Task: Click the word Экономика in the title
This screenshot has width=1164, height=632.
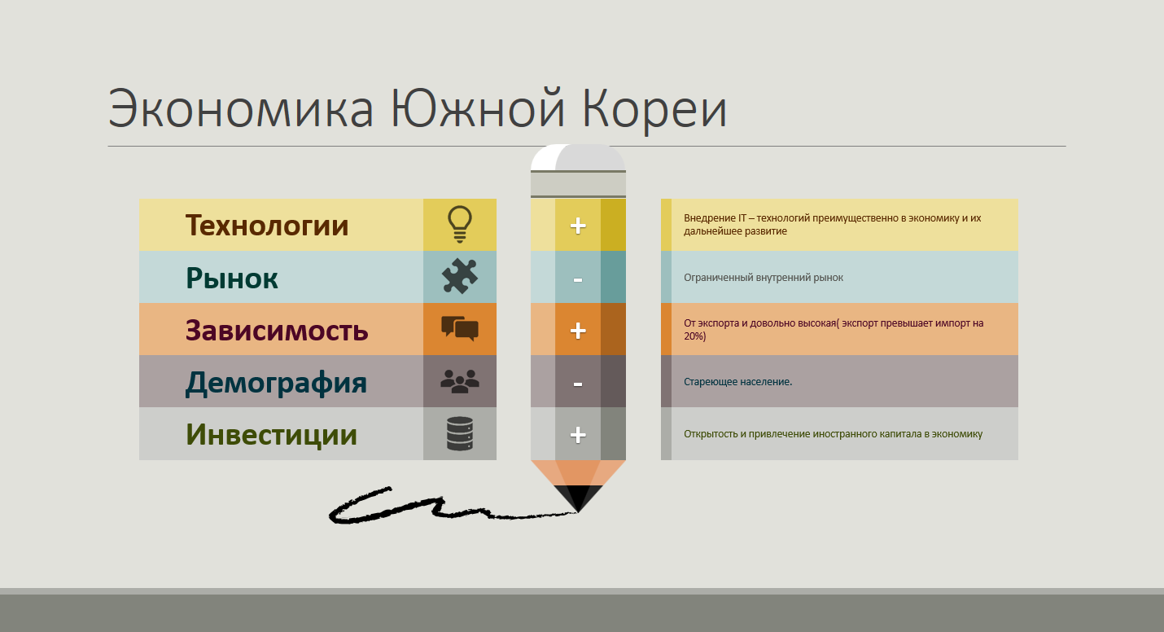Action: point(241,108)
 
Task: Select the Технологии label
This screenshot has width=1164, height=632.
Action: point(267,226)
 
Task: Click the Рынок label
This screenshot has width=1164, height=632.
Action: point(232,279)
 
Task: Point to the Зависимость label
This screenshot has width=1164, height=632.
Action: point(277,331)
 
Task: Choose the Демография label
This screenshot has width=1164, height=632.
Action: point(277,383)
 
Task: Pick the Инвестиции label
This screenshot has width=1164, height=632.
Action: point(272,435)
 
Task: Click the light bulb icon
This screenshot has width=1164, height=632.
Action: point(460,225)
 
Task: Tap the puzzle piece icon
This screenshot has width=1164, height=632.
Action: point(460,276)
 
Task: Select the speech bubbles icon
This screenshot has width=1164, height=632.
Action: point(460,328)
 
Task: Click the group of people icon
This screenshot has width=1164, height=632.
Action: point(460,381)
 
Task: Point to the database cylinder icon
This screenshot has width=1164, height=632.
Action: point(460,433)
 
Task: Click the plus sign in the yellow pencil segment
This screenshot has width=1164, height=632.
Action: point(578,226)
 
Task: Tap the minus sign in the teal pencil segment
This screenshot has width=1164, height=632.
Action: point(578,280)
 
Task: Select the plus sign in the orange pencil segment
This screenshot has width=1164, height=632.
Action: point(578,331)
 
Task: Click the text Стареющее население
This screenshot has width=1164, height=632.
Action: point(738,382)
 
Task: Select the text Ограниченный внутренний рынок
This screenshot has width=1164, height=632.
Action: point(764,278)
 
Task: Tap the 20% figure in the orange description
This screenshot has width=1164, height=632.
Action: point(695,336)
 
